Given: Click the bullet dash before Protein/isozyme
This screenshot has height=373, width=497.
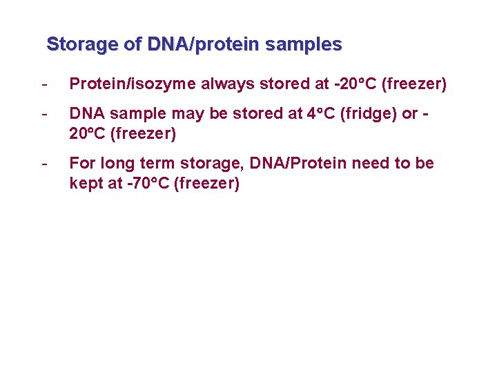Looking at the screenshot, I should (45, 84).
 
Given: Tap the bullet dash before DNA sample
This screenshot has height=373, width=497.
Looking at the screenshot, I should (45, 114).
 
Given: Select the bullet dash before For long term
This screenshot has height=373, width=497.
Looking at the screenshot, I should (45, 164).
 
